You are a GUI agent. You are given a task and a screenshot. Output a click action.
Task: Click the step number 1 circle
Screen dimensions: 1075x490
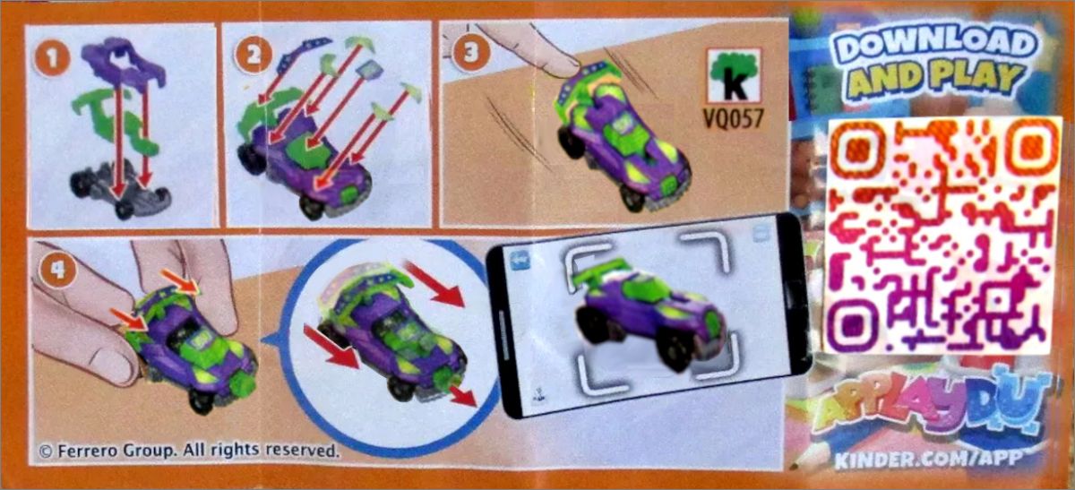coord(52,58)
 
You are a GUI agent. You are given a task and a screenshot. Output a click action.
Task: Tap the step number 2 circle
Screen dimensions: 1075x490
coord(253,56)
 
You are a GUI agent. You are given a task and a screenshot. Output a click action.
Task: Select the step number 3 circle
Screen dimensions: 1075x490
coord(470,52)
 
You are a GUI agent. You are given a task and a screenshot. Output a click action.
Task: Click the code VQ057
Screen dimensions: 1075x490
coord(734,118)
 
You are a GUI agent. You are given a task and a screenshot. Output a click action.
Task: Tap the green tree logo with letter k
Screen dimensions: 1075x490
coord(734,75)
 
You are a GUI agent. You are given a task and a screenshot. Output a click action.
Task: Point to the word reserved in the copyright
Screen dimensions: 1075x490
coord(303,451)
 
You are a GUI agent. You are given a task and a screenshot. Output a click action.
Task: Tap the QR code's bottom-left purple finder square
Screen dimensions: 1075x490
coord(853,322)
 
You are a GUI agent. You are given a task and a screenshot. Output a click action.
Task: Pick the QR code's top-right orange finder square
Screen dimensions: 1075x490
coord(1033,145)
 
